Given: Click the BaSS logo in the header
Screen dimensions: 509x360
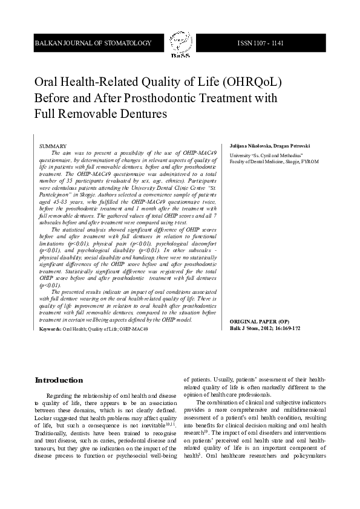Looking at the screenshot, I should click(x=180, y=44).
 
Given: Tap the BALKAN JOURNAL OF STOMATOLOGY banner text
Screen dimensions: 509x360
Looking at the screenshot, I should click(x=93, y=44).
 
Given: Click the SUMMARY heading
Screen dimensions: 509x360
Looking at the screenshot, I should click(x=53, y=147).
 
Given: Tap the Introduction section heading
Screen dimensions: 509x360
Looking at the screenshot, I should click(x=59, y=380).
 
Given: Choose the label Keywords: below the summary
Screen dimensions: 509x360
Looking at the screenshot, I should click(x=50, y=329).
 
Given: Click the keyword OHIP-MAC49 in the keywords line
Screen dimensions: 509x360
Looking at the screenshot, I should click(x=134, y=329).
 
